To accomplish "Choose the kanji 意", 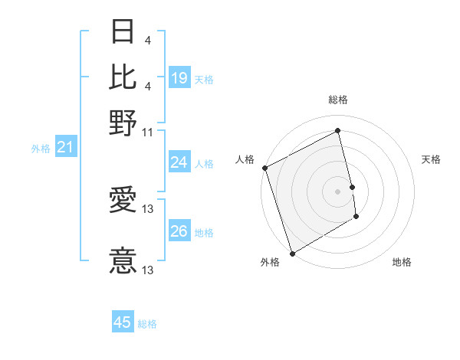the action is pos(123,260).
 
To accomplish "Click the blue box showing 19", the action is pos(179,78).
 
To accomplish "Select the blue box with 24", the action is pos(179,162).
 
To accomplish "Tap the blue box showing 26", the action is pos(179,231).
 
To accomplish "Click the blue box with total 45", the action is pos(123,322).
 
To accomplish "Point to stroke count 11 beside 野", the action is pos(148,132).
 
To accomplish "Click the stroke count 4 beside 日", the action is pos(147,40).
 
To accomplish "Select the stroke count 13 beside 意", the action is pos(149,270).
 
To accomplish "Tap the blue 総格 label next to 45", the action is pos(147,324).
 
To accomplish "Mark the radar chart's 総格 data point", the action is pos(338,131).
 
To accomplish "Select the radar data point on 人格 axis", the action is pos(264,168).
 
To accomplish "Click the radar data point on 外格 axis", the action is pos(292,254).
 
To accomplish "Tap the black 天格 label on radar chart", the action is pos(431,159).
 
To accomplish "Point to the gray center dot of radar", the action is pos(338,191).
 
